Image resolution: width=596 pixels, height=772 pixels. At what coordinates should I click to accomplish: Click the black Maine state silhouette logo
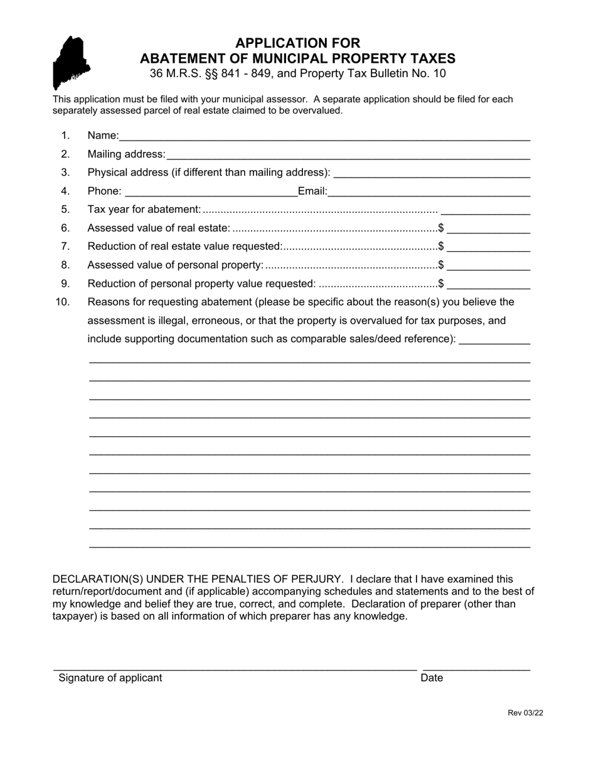tap(71, 63)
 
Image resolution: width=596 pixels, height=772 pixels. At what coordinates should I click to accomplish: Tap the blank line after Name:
tap(324, 136)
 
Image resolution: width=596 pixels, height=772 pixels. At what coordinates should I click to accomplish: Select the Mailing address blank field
tap(348, 154)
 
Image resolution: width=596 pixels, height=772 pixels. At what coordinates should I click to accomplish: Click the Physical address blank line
tap(432, 173)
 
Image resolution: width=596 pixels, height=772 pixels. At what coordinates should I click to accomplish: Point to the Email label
tap(312, 191)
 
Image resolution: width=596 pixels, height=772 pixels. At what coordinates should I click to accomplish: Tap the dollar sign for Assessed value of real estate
tap(442, 228)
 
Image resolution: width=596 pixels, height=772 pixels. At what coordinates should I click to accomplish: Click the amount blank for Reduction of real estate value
tap(488, 247)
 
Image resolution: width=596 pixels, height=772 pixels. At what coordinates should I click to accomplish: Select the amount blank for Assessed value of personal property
tap(488, 265)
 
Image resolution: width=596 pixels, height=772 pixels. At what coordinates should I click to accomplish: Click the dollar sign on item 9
tap(442, 284)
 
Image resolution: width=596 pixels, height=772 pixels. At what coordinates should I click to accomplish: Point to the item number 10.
tap(63, 302)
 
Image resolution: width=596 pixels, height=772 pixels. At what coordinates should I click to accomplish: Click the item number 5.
tap(65, 210)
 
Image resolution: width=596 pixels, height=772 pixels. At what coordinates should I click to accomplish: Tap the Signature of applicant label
tap(110, 678)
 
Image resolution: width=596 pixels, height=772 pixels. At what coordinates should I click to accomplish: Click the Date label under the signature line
tap(432, 678)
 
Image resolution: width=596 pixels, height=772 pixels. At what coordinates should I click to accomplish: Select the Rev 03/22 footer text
tap(525, 712)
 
